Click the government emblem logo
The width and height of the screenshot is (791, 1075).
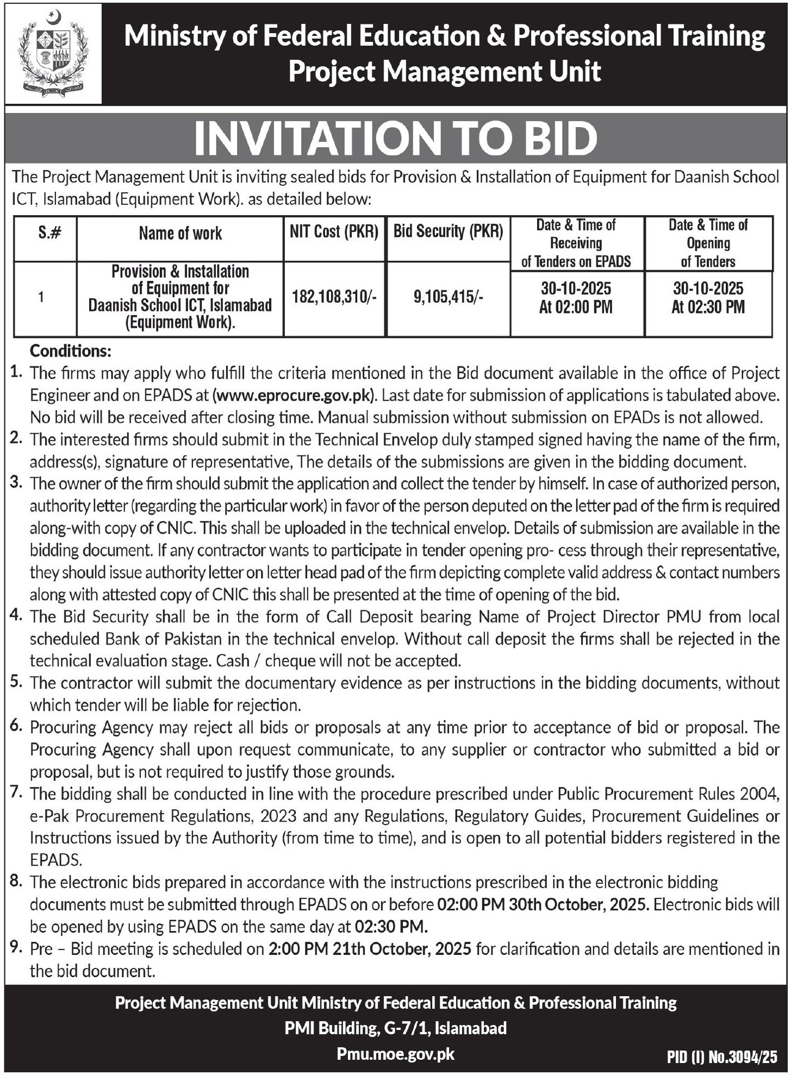53,53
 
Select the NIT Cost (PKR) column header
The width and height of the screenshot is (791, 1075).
334,232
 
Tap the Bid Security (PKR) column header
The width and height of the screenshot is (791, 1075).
448,232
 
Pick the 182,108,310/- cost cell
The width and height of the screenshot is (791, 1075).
334,297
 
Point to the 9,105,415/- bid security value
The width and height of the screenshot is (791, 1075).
448,297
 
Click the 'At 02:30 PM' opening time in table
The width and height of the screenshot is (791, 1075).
708,308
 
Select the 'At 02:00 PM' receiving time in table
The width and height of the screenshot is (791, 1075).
576,308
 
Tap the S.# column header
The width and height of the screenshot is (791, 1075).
49,234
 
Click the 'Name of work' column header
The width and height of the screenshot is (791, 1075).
180,234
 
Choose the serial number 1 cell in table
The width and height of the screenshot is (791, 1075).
41,297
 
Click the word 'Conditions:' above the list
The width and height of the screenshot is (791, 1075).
71,351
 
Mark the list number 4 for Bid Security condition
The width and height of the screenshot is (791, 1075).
16,616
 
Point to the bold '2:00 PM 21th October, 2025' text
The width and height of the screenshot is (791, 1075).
370,949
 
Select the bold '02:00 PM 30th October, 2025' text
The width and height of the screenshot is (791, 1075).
543,905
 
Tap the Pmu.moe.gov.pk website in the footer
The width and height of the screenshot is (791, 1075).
395,1054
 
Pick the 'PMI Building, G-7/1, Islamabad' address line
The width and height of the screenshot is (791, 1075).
395,1028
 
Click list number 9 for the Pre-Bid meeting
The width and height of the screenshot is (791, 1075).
16,948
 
